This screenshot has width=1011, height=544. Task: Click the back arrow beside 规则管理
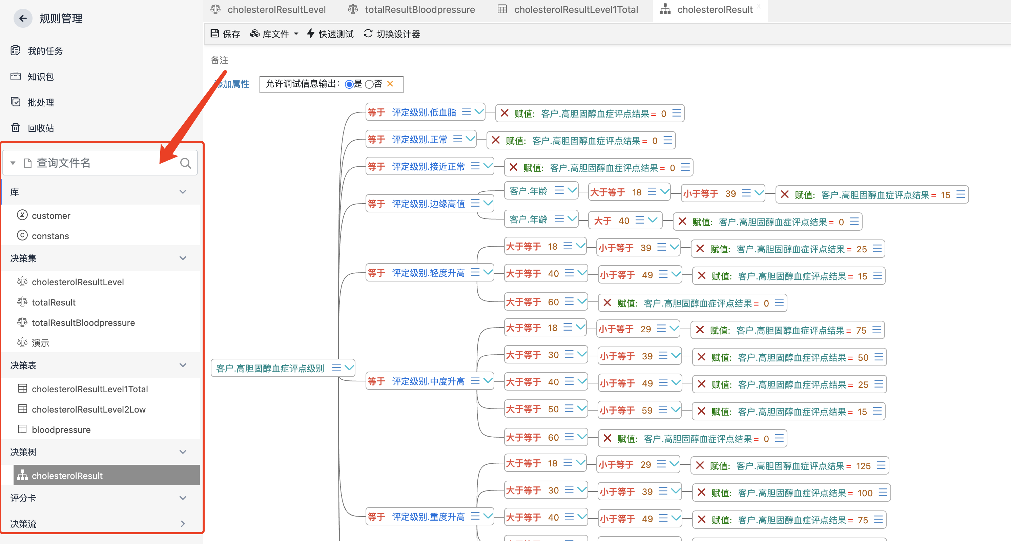click(23, 18)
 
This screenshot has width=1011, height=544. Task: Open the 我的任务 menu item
click(45, 51)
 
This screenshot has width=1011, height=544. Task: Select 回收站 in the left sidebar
click(40, 128)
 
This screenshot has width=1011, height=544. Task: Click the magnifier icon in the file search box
click(185, 163)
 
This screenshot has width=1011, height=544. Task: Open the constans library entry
click(50, 236)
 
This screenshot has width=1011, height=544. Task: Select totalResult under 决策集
click(54, 302)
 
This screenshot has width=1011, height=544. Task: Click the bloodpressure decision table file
click(61, 430)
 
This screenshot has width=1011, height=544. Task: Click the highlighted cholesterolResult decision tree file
click(67, 475)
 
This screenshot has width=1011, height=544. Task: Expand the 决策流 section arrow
click(183, 523)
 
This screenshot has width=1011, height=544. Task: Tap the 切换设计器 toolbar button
click(392, 34)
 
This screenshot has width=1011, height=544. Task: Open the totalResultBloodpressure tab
click(419, 9)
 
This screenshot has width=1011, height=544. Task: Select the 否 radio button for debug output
click(369, 84)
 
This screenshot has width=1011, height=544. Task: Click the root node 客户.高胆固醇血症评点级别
click(270, 368)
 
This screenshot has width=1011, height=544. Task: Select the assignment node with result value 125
click(789, 465)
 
